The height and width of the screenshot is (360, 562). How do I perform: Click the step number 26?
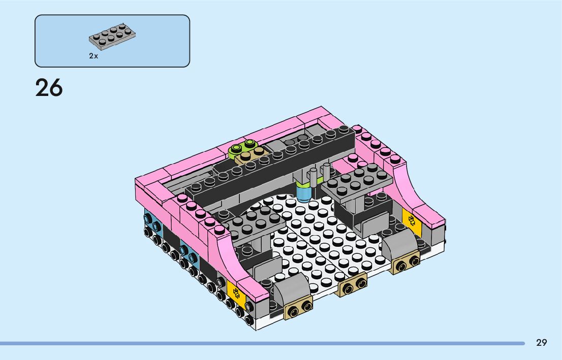[x=49, y=88]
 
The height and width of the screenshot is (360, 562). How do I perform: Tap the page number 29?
[x=542, y=343]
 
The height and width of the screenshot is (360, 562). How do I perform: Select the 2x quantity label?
[x=93, y=56]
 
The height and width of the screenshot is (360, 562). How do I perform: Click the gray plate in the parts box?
[x=112, y=36]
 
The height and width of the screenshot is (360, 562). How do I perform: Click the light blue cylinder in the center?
[x=304, y=193]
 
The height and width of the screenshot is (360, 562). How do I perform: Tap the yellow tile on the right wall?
[x=411, y=222]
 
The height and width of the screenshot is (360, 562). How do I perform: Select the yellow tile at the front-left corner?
[x=236, y=294]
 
